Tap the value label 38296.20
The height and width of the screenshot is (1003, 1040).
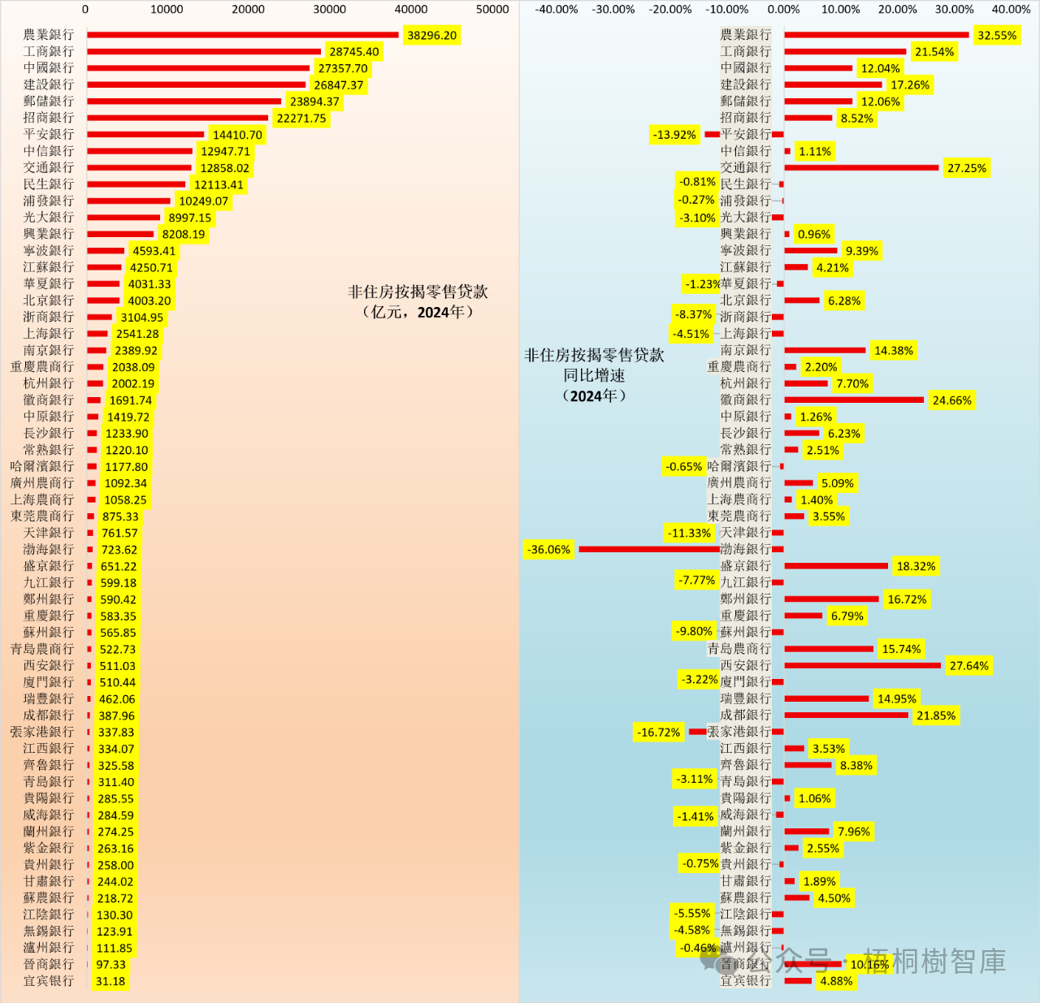[x=431, y=36]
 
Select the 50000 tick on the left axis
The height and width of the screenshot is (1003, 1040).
[x=492, y=9]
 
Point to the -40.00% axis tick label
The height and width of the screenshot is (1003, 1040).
[x=557, y=9]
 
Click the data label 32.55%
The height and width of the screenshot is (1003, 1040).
[x=996, y=36]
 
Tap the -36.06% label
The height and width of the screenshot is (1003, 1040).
[x=548, y=550]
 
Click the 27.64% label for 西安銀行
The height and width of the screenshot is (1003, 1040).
[x=968, y=666]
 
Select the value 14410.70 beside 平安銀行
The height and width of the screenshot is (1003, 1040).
[x=237, y=135]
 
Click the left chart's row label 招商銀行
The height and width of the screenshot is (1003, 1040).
[x=49, y=118]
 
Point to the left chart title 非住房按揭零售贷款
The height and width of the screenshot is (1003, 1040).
[x=418, y=292]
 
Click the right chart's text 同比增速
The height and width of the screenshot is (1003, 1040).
[x=594, y=375]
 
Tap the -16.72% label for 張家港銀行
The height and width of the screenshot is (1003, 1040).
[x=658, y=733]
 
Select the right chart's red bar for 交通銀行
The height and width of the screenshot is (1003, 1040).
[x=861, y=168]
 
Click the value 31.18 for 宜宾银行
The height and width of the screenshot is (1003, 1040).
[x=110, y=981]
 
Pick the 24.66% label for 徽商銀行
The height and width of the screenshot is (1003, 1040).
[x=951, y=400]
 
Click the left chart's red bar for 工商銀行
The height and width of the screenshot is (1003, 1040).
[x=203, y=51]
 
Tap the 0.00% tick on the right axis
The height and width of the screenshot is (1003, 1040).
[x=783, y=9]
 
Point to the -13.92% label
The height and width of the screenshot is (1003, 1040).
[x=674, y=135]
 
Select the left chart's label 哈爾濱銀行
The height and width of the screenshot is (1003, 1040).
[x=42, y=466]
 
